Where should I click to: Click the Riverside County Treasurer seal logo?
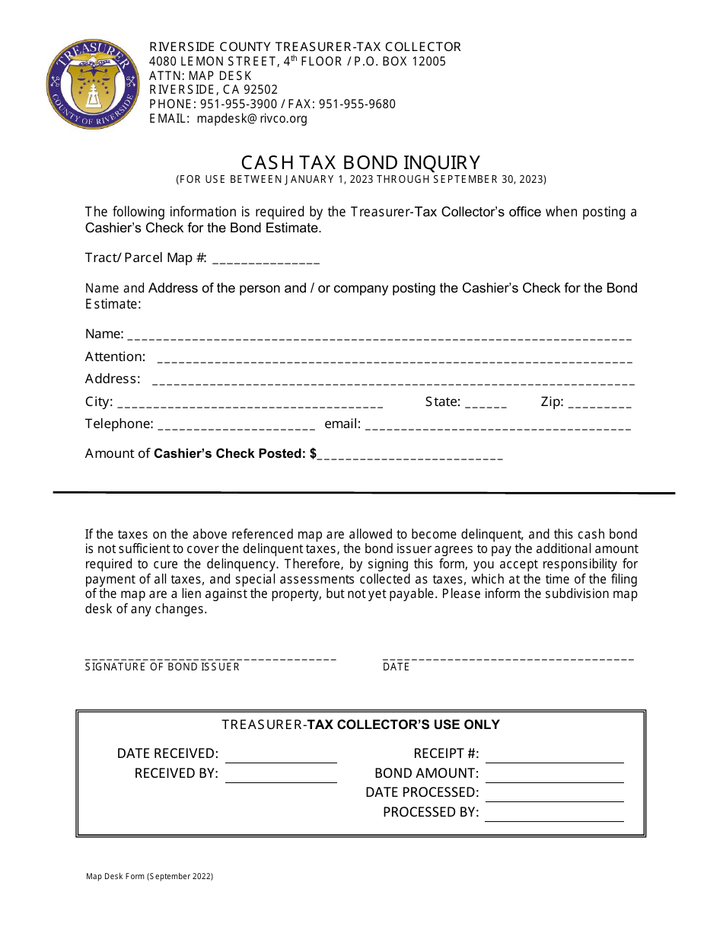click(93, 85)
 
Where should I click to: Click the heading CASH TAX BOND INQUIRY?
click(361, 162)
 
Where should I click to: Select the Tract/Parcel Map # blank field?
click(266, 259)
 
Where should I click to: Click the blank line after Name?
click(379, 335)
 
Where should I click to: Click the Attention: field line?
click(393, 358)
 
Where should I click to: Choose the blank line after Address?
click(393, 380)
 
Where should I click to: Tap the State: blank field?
click(486, 404)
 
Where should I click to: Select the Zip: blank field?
click(600, 404)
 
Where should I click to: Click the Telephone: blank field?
click(236, 425)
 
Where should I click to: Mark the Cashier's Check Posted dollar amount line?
click(411, 455)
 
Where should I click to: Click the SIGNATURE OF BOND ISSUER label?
click(162, 667)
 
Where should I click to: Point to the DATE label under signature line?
click(396, 667)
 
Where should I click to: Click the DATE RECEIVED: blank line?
click(281, 755)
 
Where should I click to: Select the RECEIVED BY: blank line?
click(281, 775)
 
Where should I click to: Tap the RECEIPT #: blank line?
click(554, 755)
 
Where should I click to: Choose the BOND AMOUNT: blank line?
click(554, 775)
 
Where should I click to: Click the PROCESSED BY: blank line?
click(554, 814)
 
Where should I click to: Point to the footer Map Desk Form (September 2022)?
click(149, 876)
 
